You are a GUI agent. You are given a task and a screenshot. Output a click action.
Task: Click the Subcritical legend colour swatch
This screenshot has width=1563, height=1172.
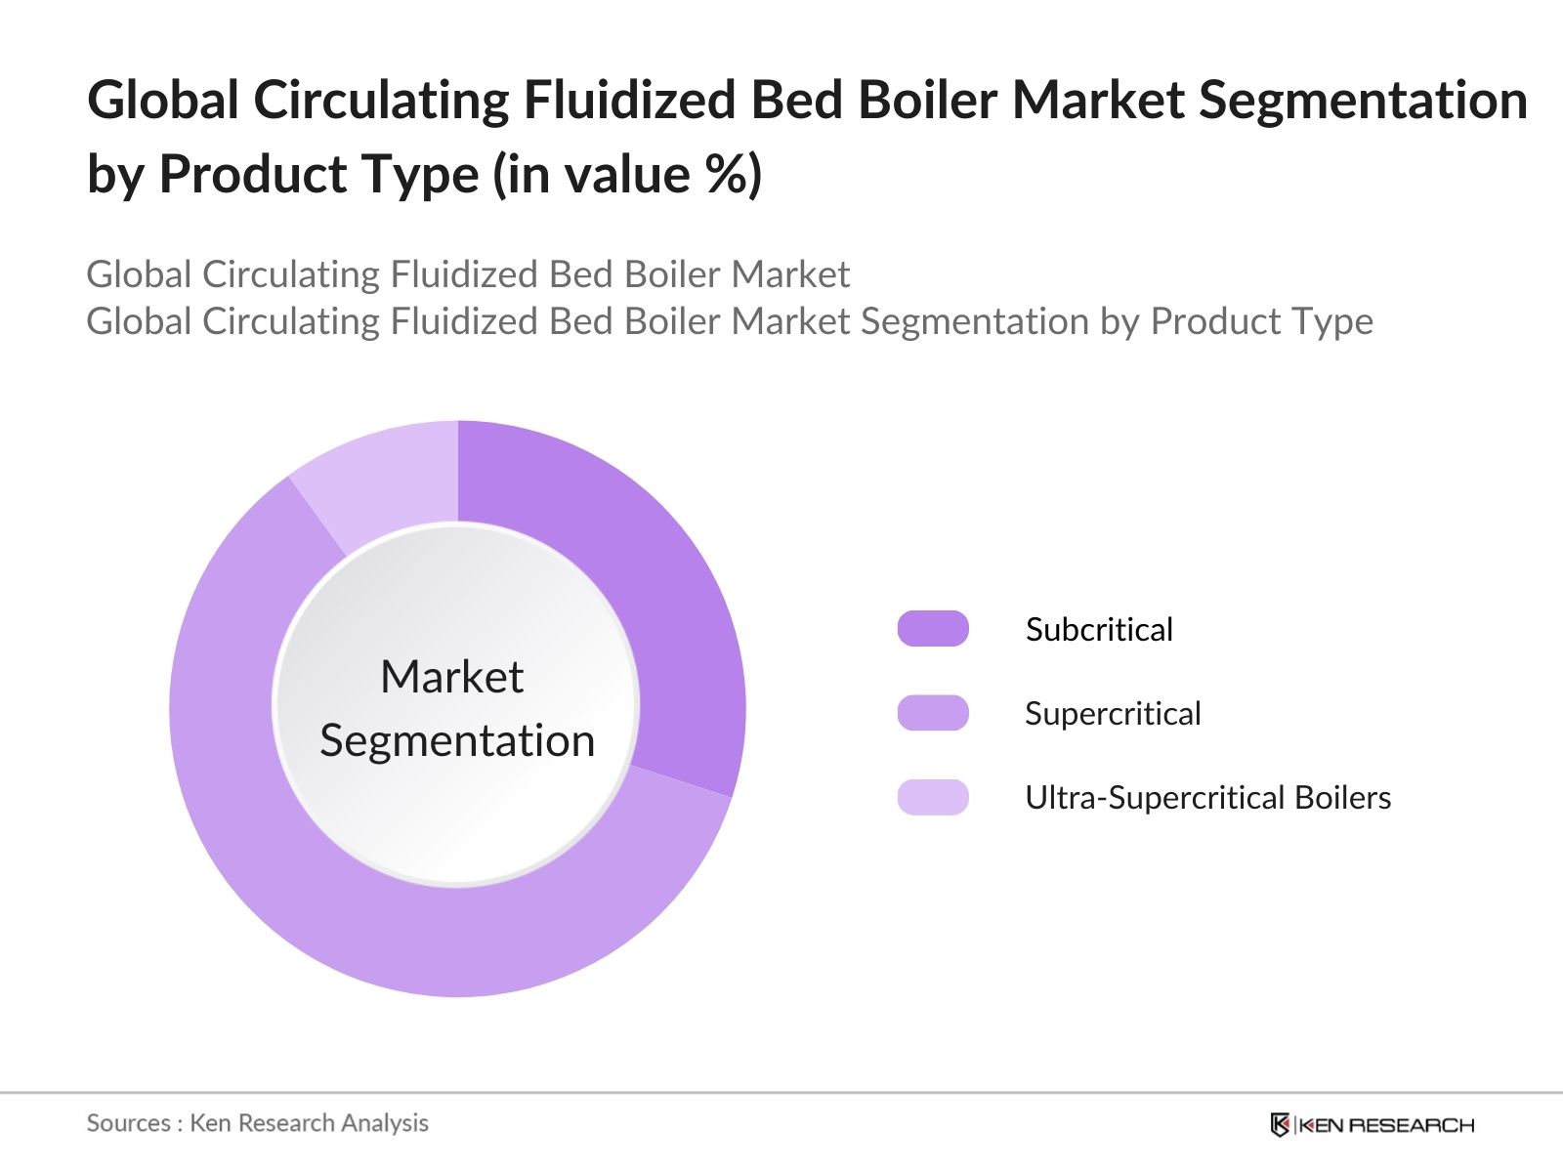tap(933, 628)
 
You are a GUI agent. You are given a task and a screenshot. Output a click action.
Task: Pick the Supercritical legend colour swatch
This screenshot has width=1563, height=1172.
tap(933, 712)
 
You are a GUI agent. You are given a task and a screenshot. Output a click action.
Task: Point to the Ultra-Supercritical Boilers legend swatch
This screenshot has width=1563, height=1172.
tap(933, 797)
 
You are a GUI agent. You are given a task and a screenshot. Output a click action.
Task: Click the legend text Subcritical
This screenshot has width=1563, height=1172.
tap(1099, 629)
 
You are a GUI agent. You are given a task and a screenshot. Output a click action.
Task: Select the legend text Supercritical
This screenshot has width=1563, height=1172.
tap(1113, 714)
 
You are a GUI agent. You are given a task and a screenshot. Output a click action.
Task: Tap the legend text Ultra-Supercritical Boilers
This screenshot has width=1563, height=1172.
tap(1207, 798)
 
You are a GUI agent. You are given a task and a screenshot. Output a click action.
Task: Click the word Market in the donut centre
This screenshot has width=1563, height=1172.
tap(452, 676)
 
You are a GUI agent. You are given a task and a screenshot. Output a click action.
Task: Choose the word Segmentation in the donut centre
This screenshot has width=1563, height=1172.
tap(457, 741)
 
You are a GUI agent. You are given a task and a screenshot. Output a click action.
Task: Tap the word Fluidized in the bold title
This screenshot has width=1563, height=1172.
tap(629, 101)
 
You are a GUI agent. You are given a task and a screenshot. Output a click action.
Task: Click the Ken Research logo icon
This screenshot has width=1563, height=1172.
tap(1280, 1125)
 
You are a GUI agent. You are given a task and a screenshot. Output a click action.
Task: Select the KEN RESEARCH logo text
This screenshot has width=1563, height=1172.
tap(1386, 1125)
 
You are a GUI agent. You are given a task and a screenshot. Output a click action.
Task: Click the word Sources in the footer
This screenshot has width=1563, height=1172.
tap(129, 1123)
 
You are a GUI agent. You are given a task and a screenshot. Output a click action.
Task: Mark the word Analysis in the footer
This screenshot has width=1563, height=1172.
tap(385, 1123)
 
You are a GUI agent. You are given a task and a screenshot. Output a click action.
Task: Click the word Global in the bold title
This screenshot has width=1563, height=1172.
tap(162, 101)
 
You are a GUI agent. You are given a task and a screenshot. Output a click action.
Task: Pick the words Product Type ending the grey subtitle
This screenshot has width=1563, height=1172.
tap(1262, 321)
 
